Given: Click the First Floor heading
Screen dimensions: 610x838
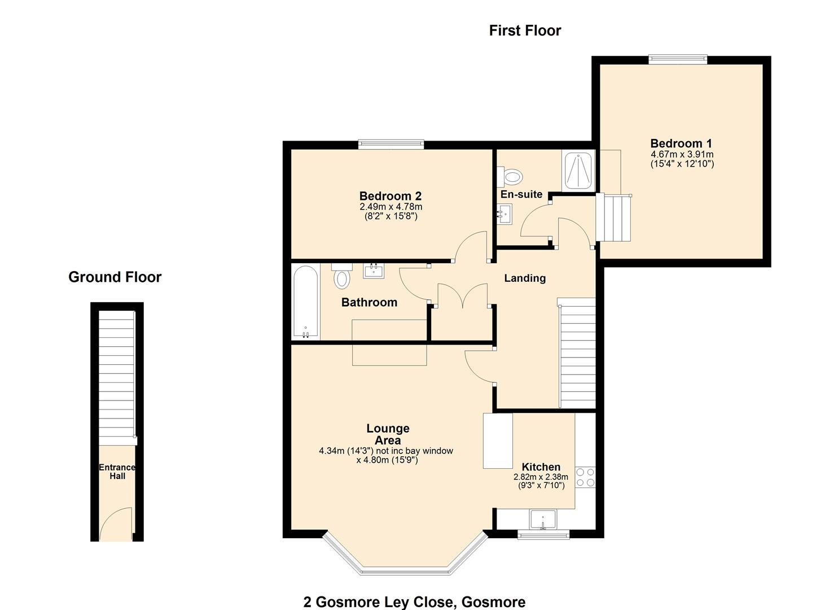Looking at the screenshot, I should coord(525,30).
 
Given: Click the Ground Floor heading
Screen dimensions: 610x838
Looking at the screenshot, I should coord(115,277).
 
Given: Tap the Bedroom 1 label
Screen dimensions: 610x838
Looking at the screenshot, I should coord(681,143).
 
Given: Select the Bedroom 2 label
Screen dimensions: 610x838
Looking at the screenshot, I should coord(390,196).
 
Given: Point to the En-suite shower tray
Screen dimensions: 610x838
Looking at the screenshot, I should coord(578,171).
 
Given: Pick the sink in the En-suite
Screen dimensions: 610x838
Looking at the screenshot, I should coord(504,214).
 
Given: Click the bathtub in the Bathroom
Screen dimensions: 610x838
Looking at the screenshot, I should coord(305,302).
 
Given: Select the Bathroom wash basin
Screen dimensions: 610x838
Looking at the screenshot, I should coord(374,271).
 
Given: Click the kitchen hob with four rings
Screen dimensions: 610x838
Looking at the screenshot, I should coord(585,477).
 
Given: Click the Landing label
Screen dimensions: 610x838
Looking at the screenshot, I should coord(525,278).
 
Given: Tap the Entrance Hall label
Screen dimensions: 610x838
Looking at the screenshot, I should coord(117,472).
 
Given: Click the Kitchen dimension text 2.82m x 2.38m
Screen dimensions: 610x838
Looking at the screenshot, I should coord(540,477).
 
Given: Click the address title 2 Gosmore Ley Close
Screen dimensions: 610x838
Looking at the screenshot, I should coord(414,602).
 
